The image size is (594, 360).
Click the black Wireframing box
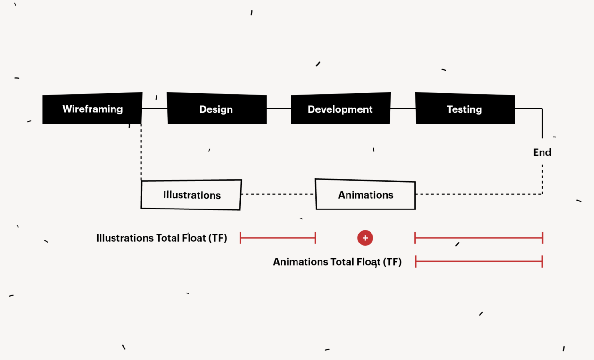point(92,109)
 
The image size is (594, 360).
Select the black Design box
point(217,109)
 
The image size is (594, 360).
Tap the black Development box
point(340,109)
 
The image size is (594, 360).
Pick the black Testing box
point(465,109)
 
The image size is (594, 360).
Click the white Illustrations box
point(191,195)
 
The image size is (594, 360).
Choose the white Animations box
point(365,194)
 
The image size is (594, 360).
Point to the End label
point(542,152)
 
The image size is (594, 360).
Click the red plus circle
point(365,238)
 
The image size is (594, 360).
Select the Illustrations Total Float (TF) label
point(162,238)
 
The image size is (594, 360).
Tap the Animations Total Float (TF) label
point(337,262)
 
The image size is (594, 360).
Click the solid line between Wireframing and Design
point(155,109)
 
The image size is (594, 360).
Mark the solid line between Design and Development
point(279,109)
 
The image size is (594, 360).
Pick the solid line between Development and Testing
point(403,109)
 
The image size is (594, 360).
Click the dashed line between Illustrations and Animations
point(278,194)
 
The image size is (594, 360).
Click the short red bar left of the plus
point(278,238)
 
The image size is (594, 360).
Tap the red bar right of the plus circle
point(478,238)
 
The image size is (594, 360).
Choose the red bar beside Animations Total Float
point(478,261)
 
